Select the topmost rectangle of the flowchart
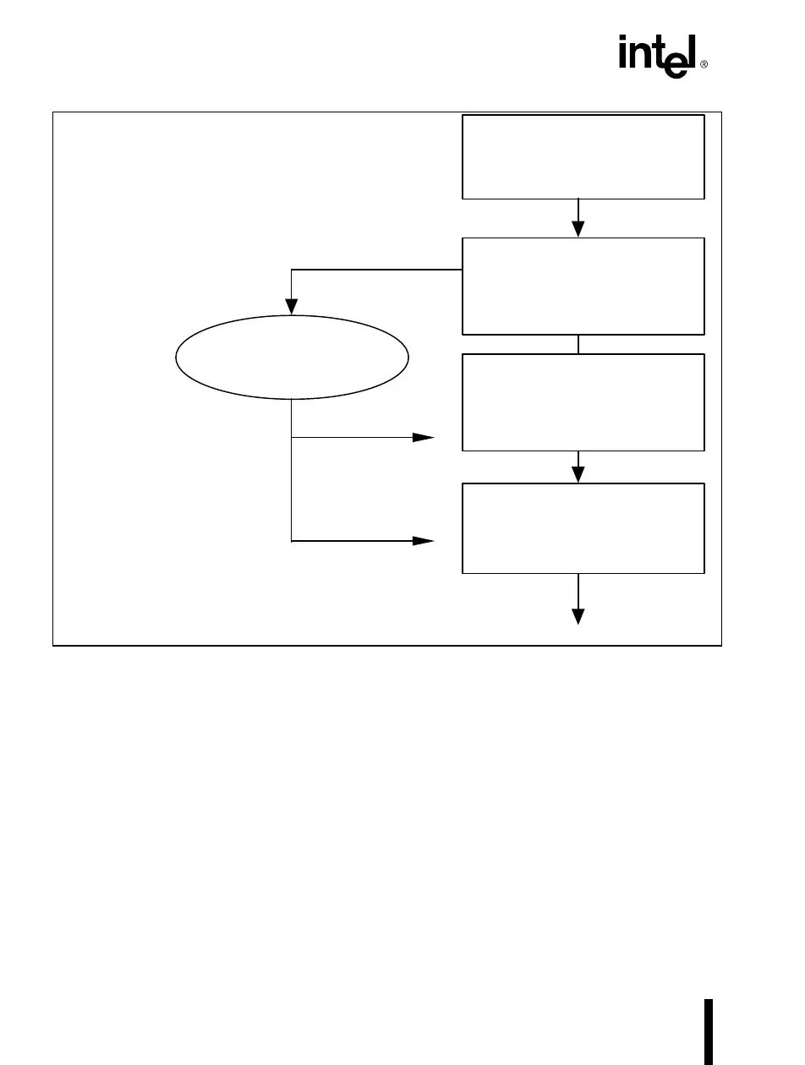[583, 156]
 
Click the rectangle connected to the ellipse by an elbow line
[583, 286]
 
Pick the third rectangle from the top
[583, 402]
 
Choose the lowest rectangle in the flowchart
[583, 528]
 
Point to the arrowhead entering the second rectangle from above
[578, 228]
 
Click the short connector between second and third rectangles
[578, 344]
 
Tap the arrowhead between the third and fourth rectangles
[578, 473]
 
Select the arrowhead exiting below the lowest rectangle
[578, 614]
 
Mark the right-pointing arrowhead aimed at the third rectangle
[423, 438]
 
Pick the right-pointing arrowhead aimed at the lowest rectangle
[423, 540]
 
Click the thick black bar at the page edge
[709, 1031]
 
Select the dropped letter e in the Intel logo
[673, 63]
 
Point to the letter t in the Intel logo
[656, 54]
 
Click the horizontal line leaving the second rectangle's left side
[376, 270]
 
